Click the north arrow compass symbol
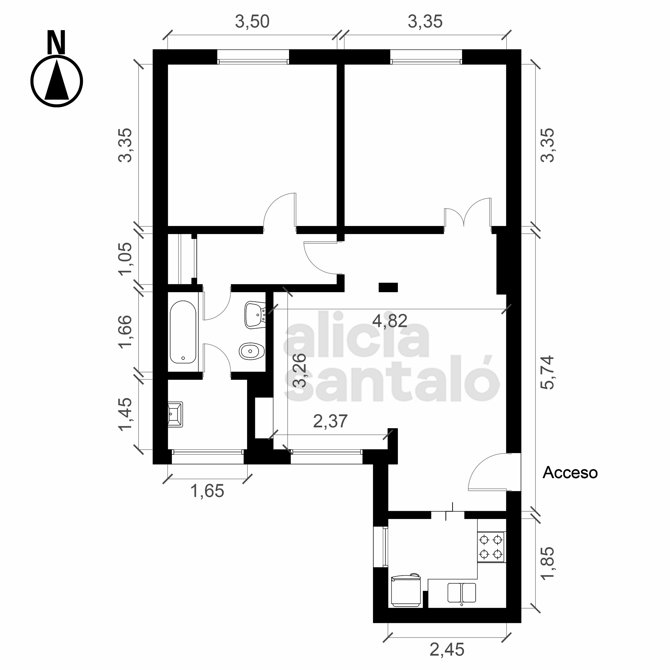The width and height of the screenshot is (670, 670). pyautogui.click(x=57, y=82)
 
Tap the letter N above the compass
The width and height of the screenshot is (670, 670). pyautogui.click(x=56, y=42)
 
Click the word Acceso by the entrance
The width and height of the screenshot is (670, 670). pyautogui.click(x=570, y=473)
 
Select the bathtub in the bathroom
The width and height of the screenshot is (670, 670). pyautogui.click(x=183, y=332)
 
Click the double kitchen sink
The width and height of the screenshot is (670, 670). pyautogui.click(x=462, y=593)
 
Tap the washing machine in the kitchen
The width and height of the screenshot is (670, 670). pyautogui.click(x=406, y=590)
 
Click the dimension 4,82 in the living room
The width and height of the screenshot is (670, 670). pyautogui.click(x=389, y=321)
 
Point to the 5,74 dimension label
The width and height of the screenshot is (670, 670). pyautogui.click(x=548, y=373)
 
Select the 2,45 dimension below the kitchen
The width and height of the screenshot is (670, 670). pyautogui.click(x=447, y=649)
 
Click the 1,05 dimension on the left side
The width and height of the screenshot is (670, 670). pyautogui.click(x=125, y=258)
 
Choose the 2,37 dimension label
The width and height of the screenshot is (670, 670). pyautogui.click(x=330, y=421)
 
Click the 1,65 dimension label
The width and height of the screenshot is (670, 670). pyautogui.click(x=207, y=491)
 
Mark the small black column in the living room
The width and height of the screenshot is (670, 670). pyautogui.click(x=388, y=287)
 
